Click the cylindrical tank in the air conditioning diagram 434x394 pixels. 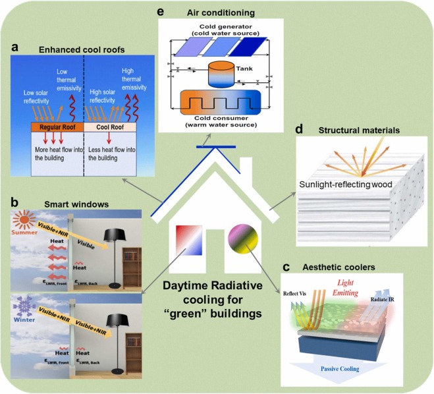tap(222, 74)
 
